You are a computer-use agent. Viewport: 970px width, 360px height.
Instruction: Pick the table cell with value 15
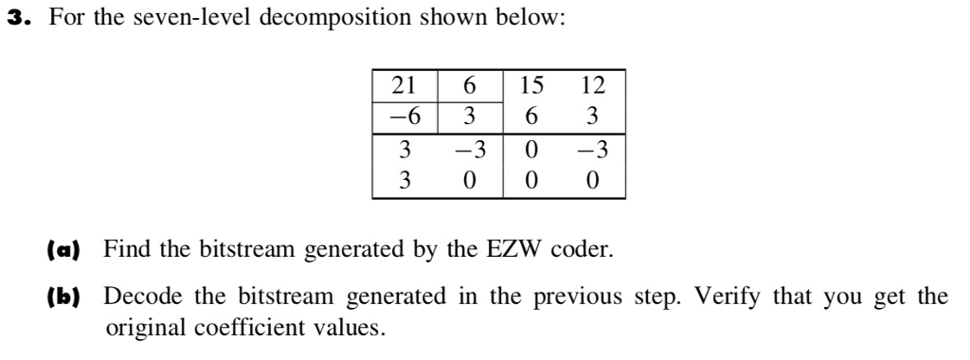[x=532, y=85]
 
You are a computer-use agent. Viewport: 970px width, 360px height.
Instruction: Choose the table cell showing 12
[x=593, y=85]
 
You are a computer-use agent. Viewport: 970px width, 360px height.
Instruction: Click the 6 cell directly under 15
[x=532, y=117]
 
